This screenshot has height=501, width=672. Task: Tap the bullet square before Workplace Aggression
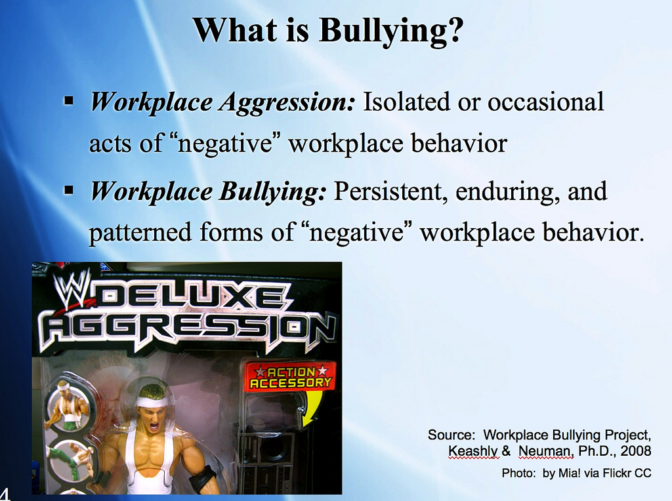coord(68,101)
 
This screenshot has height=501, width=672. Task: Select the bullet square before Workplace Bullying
coord(68,190)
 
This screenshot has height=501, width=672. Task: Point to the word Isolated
coord(407,102)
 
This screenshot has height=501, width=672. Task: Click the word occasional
coord(545,102)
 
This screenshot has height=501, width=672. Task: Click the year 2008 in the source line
coord(635,451)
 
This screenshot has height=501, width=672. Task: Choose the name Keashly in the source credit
coord(473,451)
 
